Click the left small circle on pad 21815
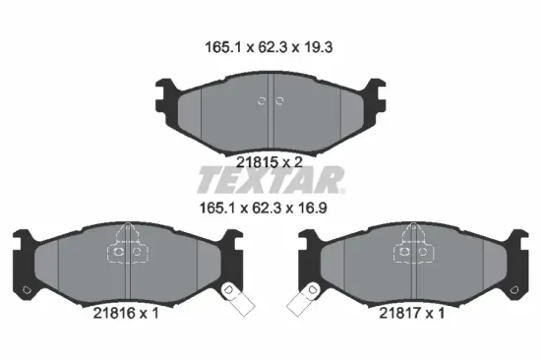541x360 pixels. [x=261, y=100]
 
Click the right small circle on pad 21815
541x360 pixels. [x=279, y=100]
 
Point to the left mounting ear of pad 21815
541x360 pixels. [x=163, y=94]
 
